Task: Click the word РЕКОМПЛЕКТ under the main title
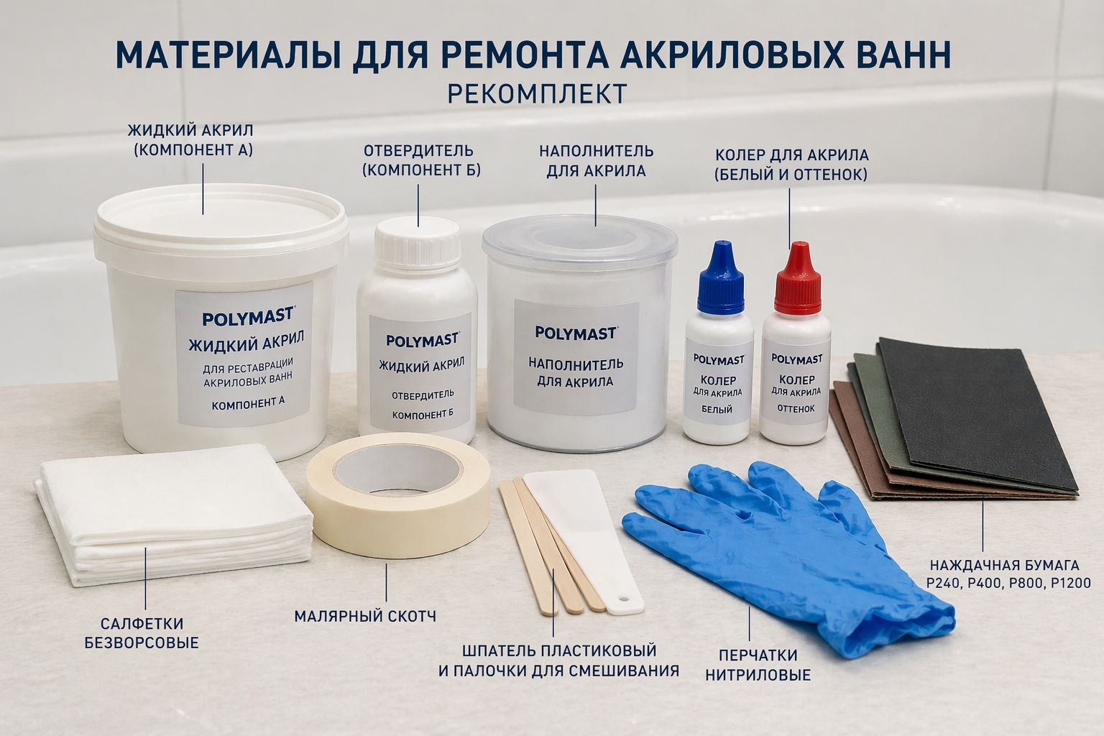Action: pos(537,94)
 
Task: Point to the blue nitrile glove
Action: pos(776,546)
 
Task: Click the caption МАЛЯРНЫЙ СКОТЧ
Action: pos(365,617)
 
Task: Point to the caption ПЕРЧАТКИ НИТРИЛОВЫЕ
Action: pos(758,665)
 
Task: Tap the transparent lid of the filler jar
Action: pos(579,241)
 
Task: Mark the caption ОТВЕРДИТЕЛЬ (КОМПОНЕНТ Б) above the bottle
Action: pos(418,160)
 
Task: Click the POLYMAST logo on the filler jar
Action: pos(576,333)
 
